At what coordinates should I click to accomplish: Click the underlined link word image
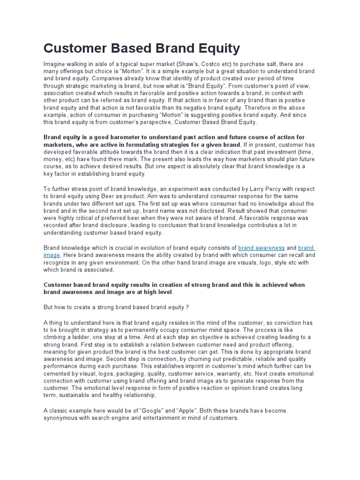pyautogui.click(x=52, y=255)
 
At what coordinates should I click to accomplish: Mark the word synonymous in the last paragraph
pyautogui.click(x=63, y=418)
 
